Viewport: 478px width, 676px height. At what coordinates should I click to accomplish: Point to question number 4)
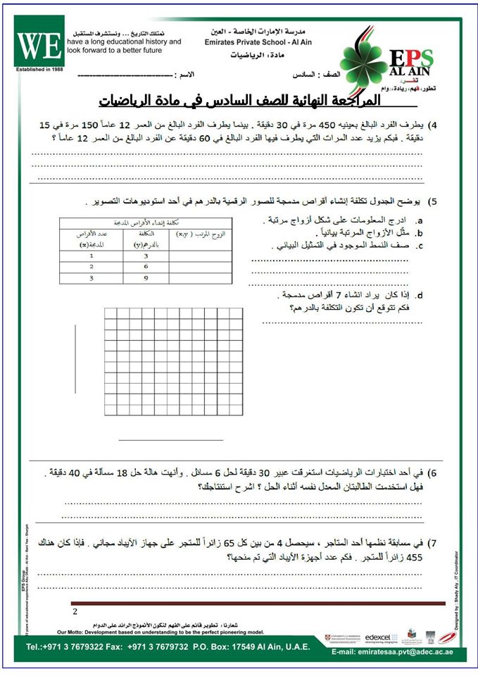434,125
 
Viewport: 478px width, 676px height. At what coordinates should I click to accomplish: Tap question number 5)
434,202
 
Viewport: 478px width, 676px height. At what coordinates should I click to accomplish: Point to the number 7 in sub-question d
342,294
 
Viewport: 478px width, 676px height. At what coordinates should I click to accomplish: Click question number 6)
434,473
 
